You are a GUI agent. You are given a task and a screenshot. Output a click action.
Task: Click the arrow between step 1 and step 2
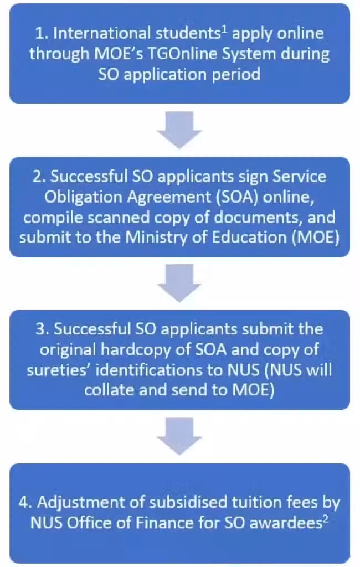pos(179,130)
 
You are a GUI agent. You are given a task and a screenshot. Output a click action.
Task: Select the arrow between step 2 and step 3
pos(179,283)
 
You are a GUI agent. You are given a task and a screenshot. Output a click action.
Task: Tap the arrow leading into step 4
pos(179,436)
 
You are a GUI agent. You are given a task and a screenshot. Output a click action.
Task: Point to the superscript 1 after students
pos(224,29)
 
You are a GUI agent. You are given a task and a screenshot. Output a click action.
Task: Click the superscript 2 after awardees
pos(326,519)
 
